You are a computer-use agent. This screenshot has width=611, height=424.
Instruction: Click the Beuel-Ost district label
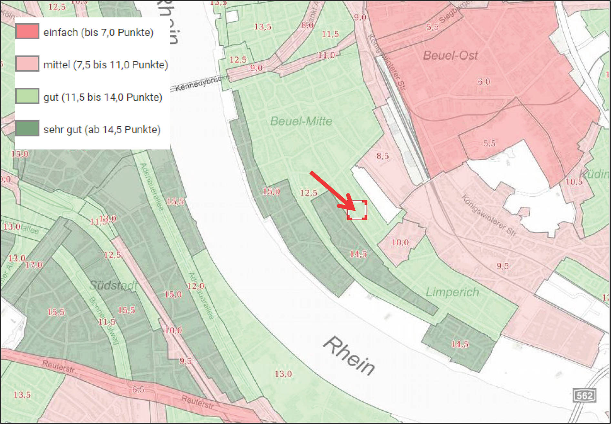tap(450, 55)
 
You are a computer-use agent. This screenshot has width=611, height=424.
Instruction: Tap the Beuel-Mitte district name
tap(301, 122)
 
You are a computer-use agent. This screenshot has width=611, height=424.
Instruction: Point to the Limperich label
tap(452, 292)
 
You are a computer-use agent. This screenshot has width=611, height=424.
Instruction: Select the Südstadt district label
tap(113, 285)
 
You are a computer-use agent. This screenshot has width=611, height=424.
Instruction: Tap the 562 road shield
tap(584, 395)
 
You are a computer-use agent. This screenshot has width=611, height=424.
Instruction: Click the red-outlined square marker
tap(357, 210)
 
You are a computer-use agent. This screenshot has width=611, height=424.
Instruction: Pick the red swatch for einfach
tap(27, 31)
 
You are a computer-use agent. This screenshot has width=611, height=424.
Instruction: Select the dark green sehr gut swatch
tap(27, 128)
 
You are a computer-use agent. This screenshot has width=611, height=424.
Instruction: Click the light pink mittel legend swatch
tap(27, 64)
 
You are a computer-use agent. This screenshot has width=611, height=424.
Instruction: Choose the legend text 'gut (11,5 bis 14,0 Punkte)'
tap(103, 97)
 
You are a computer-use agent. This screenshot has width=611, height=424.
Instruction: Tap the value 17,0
tap(34, 265)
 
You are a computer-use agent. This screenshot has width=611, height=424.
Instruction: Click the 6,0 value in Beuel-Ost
tap(484, 82)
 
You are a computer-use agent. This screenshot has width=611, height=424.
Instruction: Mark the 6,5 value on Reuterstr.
tap(138, 389)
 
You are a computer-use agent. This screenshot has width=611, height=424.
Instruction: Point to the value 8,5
tap(382, 156)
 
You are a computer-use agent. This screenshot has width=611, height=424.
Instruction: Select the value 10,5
tap(574, 182)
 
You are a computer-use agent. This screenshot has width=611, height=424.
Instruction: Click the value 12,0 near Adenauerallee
tap(195, 286)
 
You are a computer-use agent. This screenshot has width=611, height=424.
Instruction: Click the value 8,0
tap(307, 25)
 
